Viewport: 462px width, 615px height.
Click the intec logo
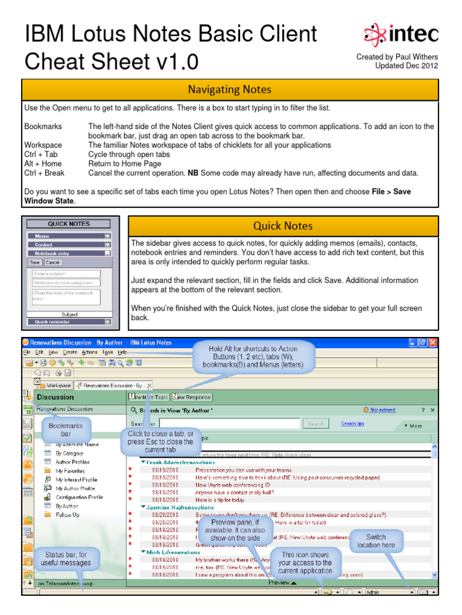[x=401, y=34]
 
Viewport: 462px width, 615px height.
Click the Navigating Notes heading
[x=229, y=89]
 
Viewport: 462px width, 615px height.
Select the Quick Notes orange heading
[x=282, y=226]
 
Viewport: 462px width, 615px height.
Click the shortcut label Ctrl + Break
[x=44, y=173]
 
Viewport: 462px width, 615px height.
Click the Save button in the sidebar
[x=35, y=262]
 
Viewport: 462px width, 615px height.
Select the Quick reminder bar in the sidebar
[x=69, y=321]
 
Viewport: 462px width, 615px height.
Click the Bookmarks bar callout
[x=66, y=429]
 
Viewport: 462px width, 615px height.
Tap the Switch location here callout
[x=376, y=541]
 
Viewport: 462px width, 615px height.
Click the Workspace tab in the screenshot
[x=55, y=385]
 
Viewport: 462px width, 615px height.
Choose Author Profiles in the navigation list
[x=72, y=462]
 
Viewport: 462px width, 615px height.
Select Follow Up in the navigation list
[x=67, y=515]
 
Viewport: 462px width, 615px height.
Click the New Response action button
[x=192, y=397]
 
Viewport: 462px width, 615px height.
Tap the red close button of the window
[x=432, y=343]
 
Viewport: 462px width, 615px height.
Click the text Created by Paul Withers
[x=397, y=57]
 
